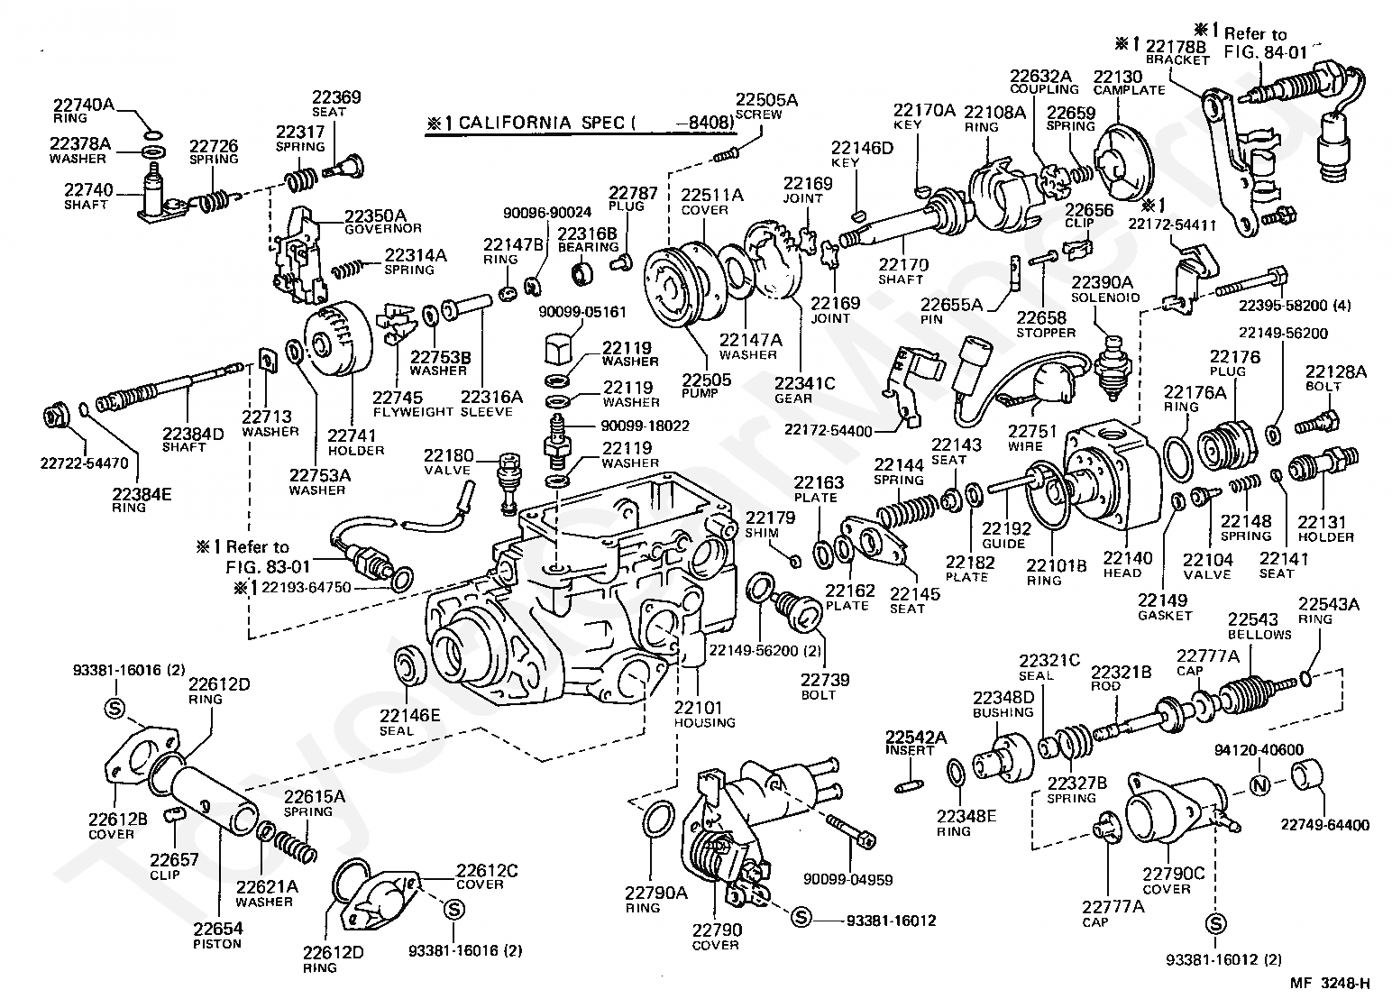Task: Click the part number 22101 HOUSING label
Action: (704, 714)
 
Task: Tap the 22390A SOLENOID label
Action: (1105, 289)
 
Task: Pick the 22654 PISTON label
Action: (217, 935)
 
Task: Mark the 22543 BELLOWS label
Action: (1259, 626)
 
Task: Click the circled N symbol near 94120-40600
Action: (1260, 785)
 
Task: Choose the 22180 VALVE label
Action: (448, 462)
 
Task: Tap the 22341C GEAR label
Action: (805, 390)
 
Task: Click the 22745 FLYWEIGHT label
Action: (413, 404)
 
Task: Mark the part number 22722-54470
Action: (86, 463)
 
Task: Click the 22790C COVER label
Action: (1173, 880)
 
